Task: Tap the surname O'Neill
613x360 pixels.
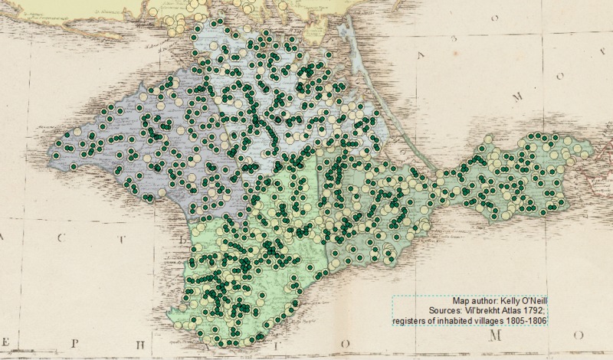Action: pyautogui.click(x=534, y=302)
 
